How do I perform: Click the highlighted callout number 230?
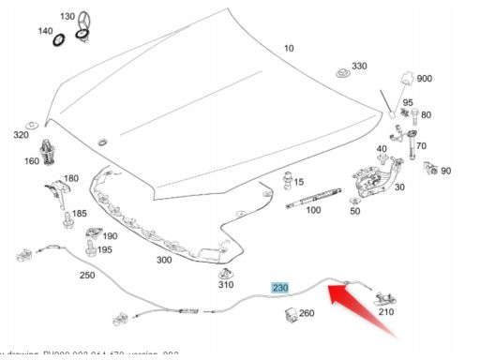point(280,288)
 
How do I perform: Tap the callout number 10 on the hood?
point(288,48)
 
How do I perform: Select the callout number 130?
point(93,17)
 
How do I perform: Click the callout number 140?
point(45,31)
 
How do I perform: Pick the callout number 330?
point(359,67)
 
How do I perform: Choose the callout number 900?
point(424,79)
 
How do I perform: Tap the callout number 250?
point(86,275)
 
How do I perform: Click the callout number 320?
point(21,134)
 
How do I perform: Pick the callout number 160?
point(31,160)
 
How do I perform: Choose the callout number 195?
point(104,249)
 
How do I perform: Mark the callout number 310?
point(225,284)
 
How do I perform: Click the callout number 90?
point(445,171)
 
